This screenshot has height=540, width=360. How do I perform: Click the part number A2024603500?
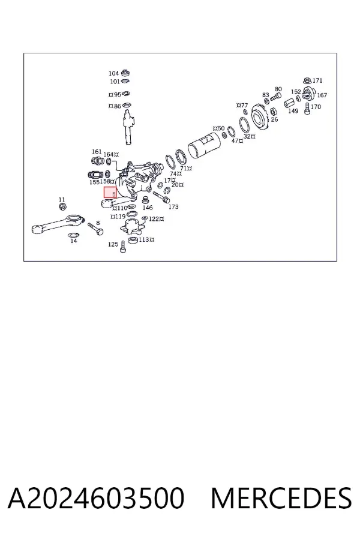(96, 498)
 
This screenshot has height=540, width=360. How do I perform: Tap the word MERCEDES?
(281, 498)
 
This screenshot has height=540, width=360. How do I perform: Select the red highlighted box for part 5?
(110, 193)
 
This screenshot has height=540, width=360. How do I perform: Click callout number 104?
(113, 73)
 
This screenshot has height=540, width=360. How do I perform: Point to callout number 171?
(317, 80)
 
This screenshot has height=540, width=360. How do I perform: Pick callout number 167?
(322, 95)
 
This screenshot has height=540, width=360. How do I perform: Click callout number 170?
(316, 107)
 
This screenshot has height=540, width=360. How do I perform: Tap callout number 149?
(293, 111)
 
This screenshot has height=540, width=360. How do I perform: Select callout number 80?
(278, 89)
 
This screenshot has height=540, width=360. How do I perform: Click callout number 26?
(274, 119)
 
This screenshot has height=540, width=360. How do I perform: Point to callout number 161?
(97, 152)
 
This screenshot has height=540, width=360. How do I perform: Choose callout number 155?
(94, 182)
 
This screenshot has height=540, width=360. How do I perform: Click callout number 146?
(148, 208)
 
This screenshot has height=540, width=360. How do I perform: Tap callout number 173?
(173, 206)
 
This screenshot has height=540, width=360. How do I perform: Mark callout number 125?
(113, 244)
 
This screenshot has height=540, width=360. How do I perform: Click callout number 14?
(74, 241)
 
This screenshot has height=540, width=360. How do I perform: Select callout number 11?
(62, 200)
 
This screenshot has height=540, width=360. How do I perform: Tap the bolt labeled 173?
(161, 197)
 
